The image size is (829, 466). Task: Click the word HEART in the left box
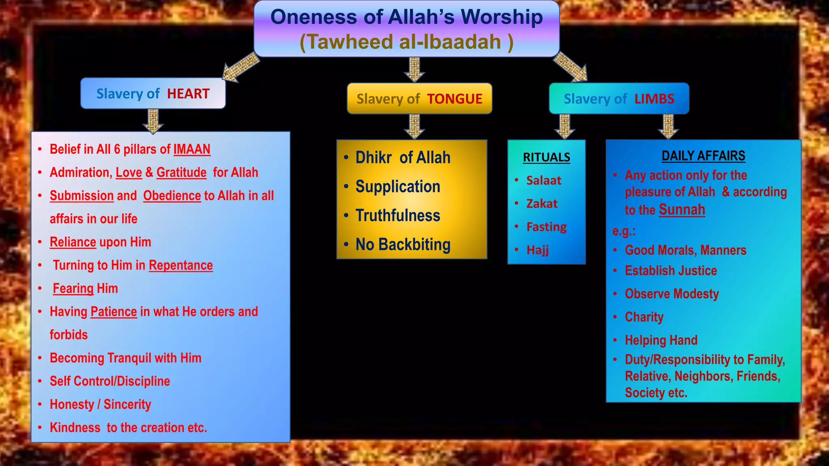pyautogui.click(x=188, y=94)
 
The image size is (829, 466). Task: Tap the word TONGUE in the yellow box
pyautogui.click(x=455, y=99)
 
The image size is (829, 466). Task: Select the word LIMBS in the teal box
pyautogui.click(x=654, y=99)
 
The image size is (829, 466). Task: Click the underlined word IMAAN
pyautogui.click(x=192, y=149)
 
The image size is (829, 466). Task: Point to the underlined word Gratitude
pyautogui.click(x=181, y=173)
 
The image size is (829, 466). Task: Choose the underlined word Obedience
pyautogui.click(x=172, y=196)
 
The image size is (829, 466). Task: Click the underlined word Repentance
pyautogui.click(x=181, y=265)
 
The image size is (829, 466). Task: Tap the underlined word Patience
pyautogui.click(x=114, y=312)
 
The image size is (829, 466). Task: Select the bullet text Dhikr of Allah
pyautogui.click(x=402, y=158)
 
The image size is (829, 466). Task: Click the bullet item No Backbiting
pyautogui.click(x=403, y=245)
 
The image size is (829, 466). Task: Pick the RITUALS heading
pyautogui.click(x=546, y=157)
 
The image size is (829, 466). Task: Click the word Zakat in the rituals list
pyautogui.click(x=542, y=204)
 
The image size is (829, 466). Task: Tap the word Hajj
pyautogui.click(x=538, y=250)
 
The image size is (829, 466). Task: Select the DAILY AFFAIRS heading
pyautogui.click(x=703, y=156)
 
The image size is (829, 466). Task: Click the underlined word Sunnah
pyautogui.click(x=682, y=210)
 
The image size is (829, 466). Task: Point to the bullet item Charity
pyautogui.click(x=644, y=317)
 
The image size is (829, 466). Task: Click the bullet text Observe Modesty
pyautogui.click(x=672, y=294)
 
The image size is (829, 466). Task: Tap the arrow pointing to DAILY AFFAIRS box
pyautogui.click(x=668, y=126)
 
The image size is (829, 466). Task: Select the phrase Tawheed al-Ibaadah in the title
pyautogui.click(x=406, y=42)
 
